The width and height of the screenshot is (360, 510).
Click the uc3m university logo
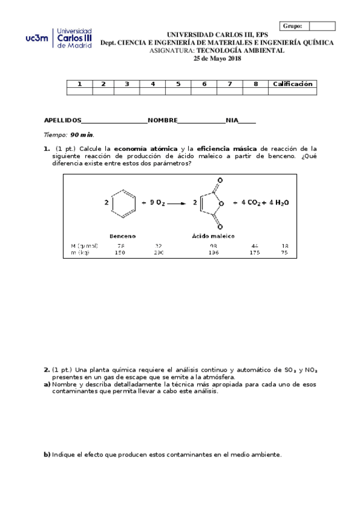[59, 38]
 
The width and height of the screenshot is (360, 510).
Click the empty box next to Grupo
[322, 26]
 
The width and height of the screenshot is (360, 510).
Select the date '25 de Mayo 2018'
[216, 58]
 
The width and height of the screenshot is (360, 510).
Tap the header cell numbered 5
[178, 84]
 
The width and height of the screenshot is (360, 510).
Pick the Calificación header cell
[293, 84]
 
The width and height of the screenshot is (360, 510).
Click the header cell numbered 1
[79, 84]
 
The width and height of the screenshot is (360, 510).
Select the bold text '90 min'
[82, 135]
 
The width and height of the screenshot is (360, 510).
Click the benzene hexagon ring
[124, 203]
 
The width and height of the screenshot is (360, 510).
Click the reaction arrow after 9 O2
[176, 203]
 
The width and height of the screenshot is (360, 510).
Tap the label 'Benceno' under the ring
[123, 236]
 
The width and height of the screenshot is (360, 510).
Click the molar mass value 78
[120, 246]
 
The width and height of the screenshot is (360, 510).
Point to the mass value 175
[254, 253]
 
